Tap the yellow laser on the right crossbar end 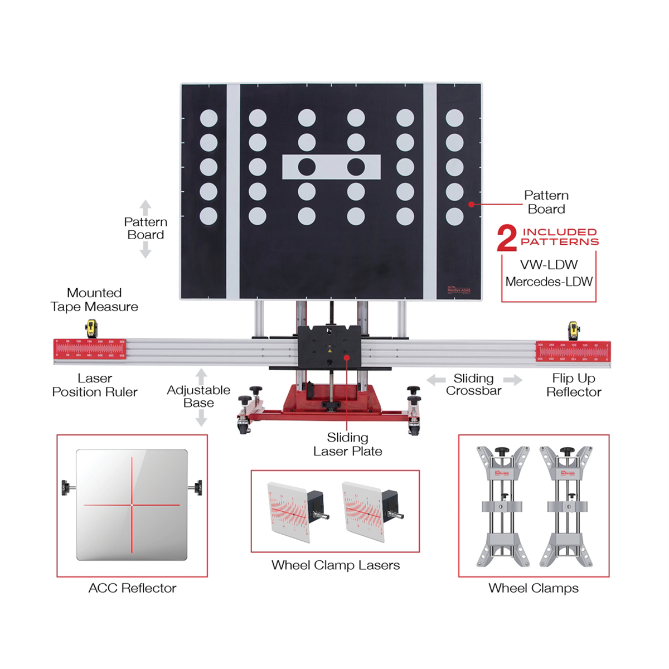point(573,329)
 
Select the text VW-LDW point(549,265)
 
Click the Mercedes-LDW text point(549,282)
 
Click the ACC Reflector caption point(132,588)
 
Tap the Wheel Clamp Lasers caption point(336,565)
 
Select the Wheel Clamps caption point(534,588)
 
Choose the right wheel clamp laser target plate point(362,510)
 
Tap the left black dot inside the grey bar point(307,167)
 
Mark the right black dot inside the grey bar point(356,167)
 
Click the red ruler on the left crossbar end point(90,350)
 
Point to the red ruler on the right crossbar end point(573,351)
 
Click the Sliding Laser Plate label point(348,444)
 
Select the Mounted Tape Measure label point(94,299)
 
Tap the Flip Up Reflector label point(574,385)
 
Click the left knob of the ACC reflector point(67,486)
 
